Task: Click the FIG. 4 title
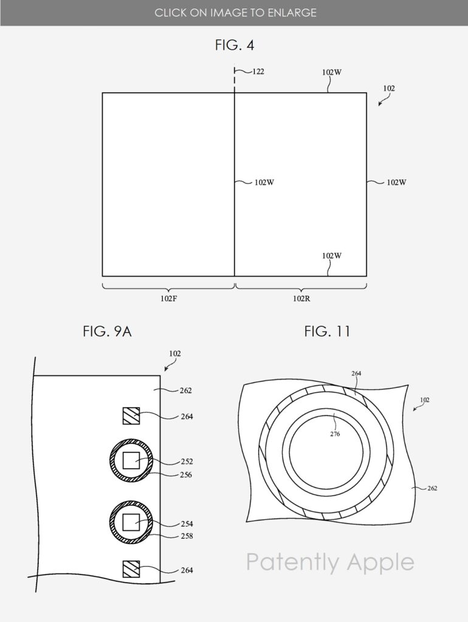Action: click(x=234, y=45)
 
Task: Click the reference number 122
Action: click(x=258, y=72)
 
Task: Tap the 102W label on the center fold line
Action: click(x=264, y=182)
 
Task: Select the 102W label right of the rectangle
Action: click(x=396, y=182)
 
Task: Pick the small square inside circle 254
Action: click(x=132, y=522)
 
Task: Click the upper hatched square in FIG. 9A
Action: click(x=131, y=416)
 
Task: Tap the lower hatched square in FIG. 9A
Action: click(x=131, y=569)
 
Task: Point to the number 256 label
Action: click(x=186, y=475)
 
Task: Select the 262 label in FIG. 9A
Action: click(x=186, y=391)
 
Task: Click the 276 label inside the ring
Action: click(x=335, y=434)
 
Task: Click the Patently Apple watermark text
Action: click(x=330, y=562)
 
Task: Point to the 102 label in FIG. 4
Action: click(x=389, y=88)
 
